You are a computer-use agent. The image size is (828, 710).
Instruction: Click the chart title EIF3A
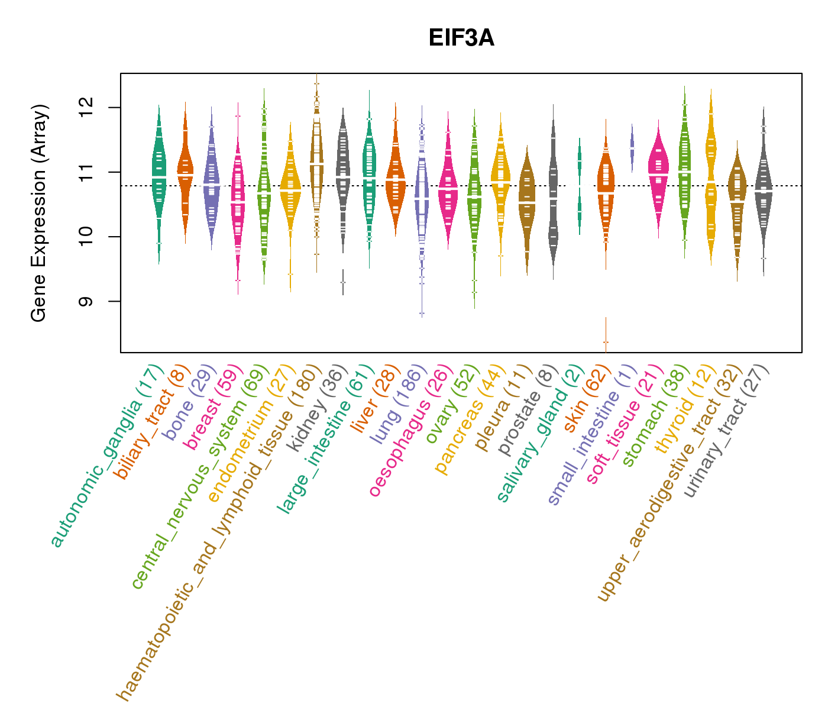461,38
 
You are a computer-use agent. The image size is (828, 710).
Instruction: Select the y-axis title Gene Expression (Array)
39,213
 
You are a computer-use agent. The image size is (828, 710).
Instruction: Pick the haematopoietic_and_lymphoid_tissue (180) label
219,532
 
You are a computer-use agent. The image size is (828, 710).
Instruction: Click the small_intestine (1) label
591,435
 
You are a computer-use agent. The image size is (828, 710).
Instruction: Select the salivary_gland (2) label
541,434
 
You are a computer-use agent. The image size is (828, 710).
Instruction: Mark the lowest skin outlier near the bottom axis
606,341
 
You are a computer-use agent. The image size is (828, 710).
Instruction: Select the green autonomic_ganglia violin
159,177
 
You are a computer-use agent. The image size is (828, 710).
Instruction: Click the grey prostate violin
553,195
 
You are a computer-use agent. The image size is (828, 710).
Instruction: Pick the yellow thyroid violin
710,177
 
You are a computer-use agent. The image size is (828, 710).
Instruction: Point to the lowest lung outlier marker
422,313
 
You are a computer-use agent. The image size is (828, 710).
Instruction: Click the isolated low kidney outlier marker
343,282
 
